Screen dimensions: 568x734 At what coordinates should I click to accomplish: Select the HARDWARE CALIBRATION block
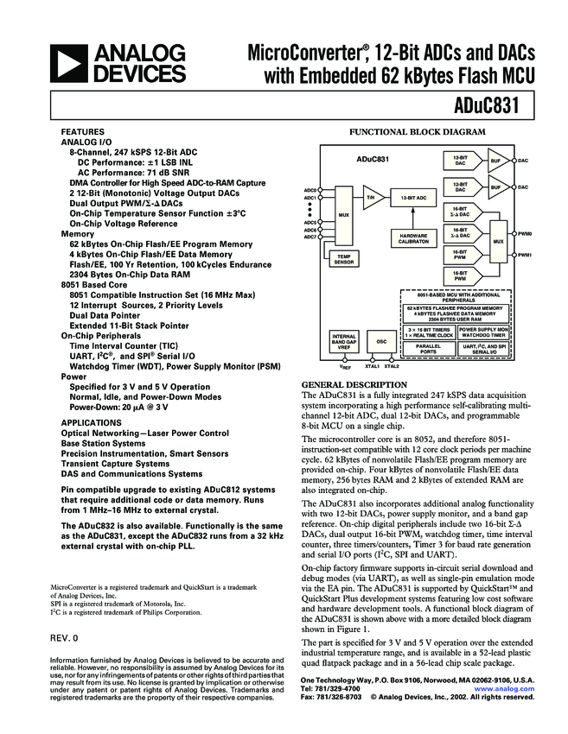point(412,239)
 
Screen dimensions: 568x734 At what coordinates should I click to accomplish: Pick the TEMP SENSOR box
point(343,258)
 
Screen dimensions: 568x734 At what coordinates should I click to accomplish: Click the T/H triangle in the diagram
point(370,197)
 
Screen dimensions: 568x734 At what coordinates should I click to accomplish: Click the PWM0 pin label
point(524,234)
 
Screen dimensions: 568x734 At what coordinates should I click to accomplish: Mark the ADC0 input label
point(310,189)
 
